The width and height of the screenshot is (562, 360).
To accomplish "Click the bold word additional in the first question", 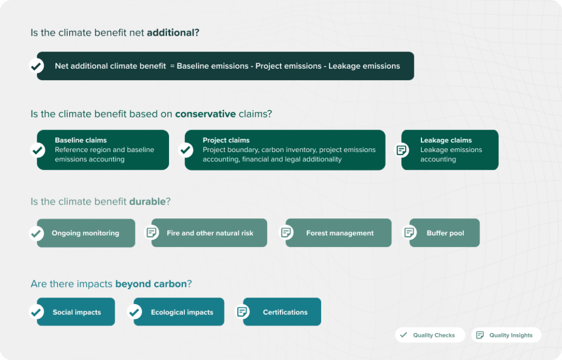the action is coord(171,32).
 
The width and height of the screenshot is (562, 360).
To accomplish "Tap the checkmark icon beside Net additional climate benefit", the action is coord(36,66).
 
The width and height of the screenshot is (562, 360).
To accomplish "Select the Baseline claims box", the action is coord(103,150).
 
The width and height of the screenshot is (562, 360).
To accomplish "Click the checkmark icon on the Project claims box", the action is coord(186,150).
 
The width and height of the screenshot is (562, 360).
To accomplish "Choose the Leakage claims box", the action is coord(450,150).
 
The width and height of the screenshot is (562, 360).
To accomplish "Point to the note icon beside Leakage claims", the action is coord(402,150).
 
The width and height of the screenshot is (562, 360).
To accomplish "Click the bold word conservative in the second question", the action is coord(205,114).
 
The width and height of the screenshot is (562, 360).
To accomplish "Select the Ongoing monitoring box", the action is coord(86,233).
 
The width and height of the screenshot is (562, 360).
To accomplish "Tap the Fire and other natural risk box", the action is coord(209,233).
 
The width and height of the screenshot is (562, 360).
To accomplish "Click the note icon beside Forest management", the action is coord(286,233).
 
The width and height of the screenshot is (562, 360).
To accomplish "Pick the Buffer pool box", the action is coord(445,233).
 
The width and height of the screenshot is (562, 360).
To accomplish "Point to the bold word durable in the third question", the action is coord(147,201).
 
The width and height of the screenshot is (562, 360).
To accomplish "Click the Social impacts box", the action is coord(76,312).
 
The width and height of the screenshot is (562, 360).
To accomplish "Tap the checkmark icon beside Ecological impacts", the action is coord(134,312).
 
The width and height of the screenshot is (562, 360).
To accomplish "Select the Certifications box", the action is coord(282,312).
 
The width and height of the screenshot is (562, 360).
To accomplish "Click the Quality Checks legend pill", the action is coord(430,335).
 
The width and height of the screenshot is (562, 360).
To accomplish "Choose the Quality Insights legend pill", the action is coord(506,335).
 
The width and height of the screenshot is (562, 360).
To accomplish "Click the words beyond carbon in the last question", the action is coord(151,284).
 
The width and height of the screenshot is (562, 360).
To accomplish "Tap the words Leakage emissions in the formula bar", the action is coord(364,66).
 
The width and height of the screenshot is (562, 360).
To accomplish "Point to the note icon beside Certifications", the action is coord(242,312).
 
